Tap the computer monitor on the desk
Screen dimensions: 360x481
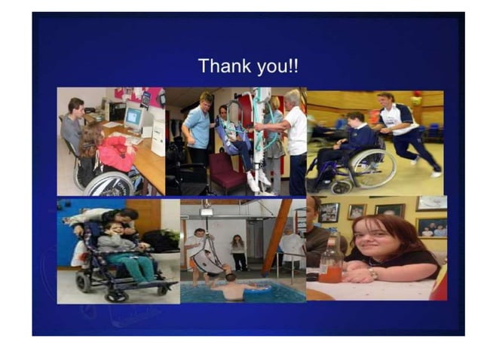(x=133, y=118)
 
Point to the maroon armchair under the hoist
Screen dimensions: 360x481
(x=226, y=172)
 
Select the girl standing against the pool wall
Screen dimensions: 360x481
(x=239, y=252)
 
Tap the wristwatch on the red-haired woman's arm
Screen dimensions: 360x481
(x=373, y=273)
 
